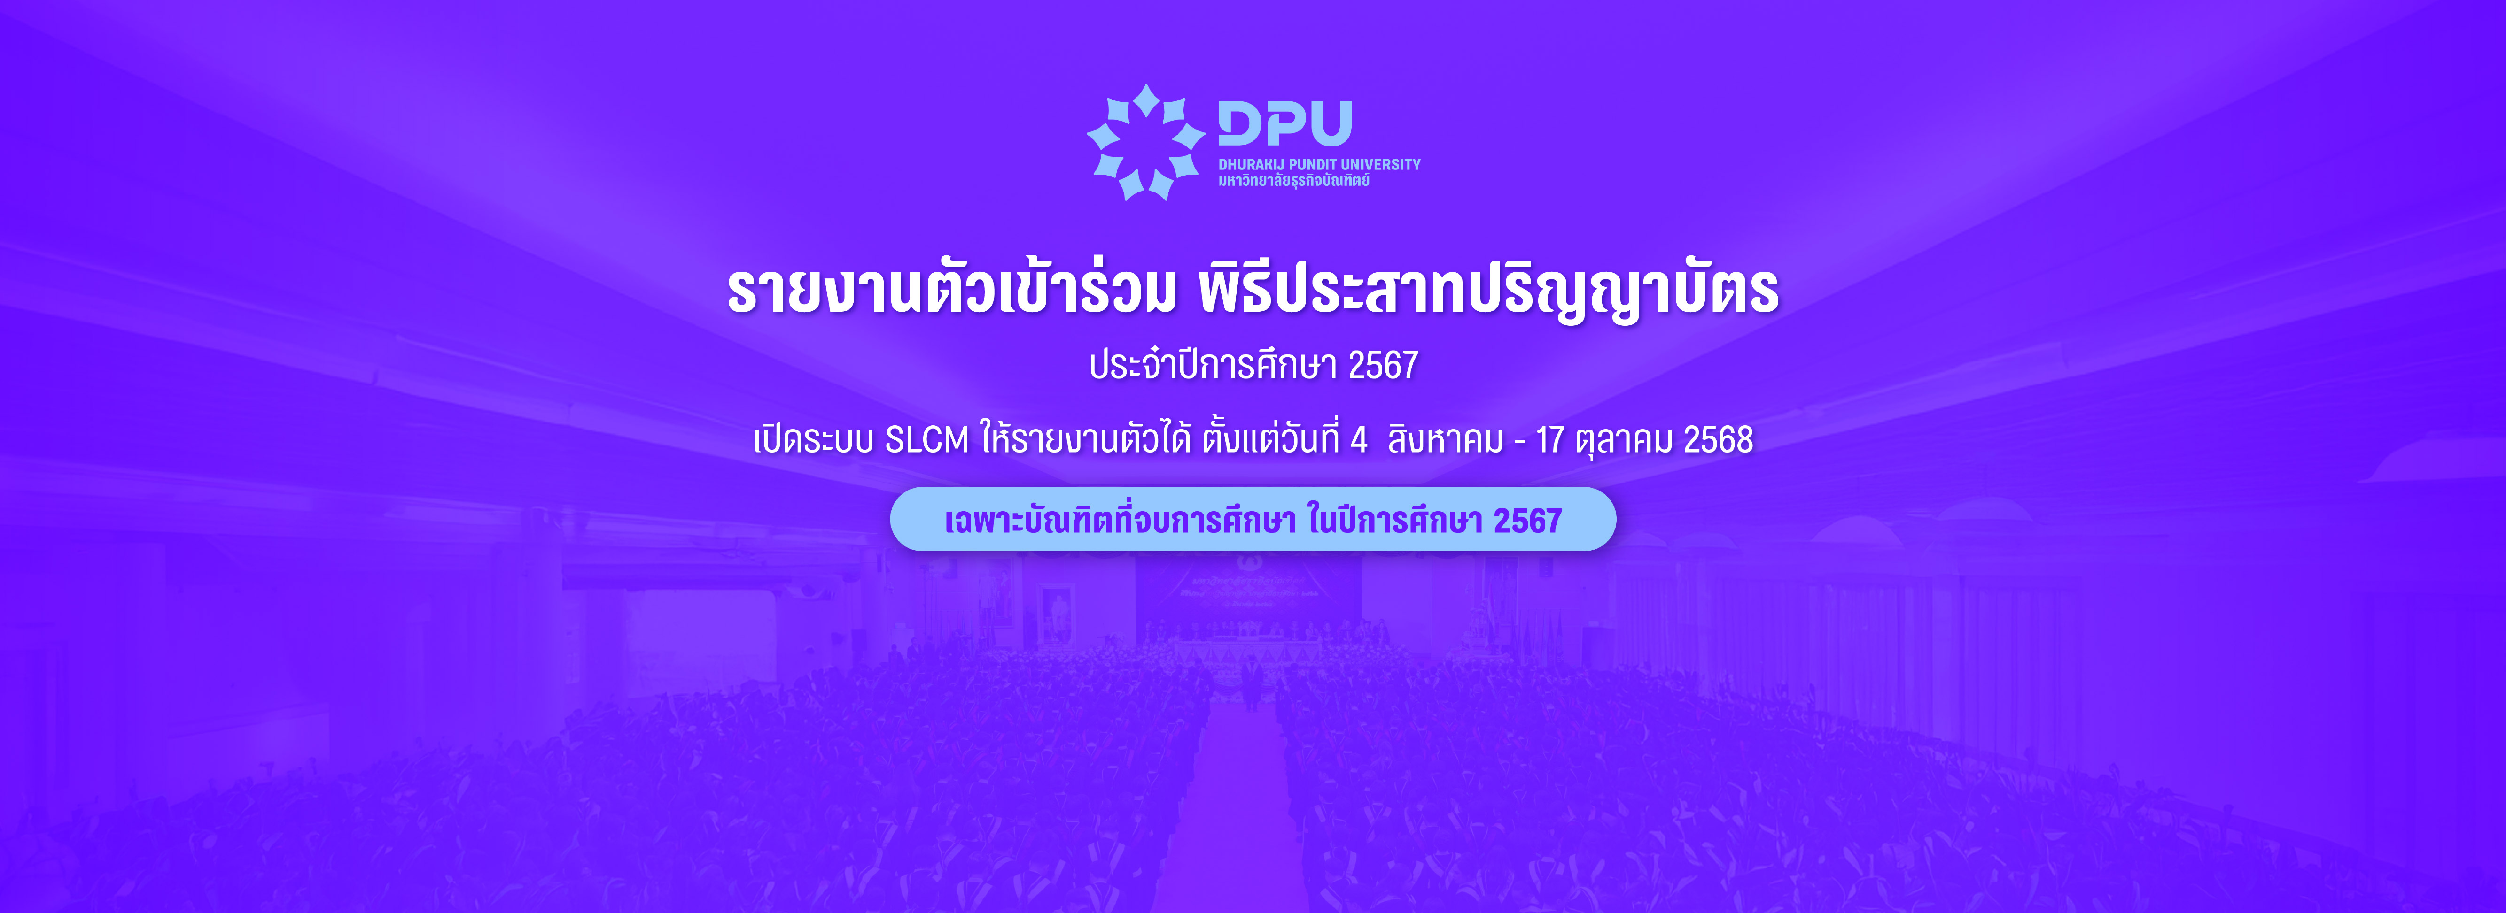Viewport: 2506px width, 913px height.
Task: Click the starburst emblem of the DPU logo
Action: coord(1145,142)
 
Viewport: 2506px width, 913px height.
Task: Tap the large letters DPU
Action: coord(1285,123)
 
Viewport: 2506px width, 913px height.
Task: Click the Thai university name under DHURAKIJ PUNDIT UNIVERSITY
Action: coord(1294,181)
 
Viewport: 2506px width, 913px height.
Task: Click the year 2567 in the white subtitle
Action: coord(1383,366)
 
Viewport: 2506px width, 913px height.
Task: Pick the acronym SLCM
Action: coord(927,440)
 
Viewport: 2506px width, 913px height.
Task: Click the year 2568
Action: coord(1718,440)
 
